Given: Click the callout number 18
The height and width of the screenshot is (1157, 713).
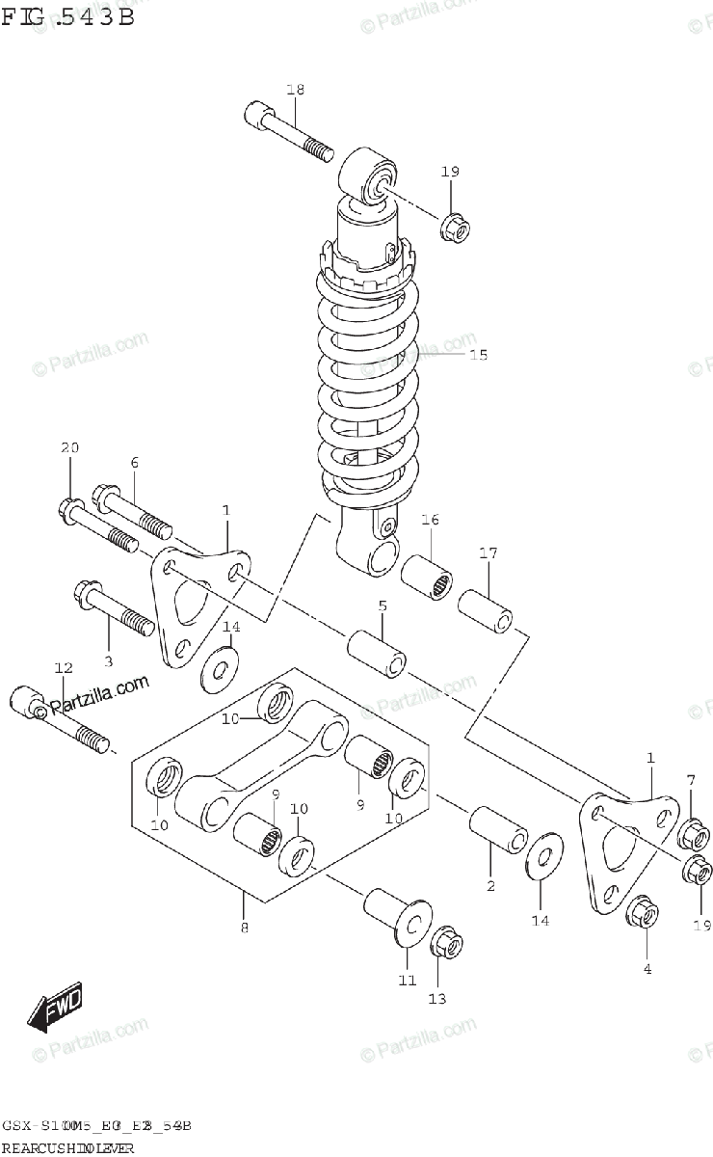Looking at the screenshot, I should click(x=295, y=90).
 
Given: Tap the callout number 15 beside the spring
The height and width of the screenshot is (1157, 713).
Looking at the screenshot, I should click(x=478, y=355).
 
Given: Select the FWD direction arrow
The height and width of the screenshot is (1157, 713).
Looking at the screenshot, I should click(x=57, y=1007).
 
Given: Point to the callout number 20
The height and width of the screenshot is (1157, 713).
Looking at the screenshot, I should click(x=69, y=447).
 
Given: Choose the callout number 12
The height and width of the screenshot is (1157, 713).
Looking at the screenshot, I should click(x=64, y=667).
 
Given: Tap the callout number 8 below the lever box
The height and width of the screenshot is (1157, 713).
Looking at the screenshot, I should click(x=244, y=929).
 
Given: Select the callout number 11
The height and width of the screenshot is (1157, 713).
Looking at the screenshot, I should click(x=407, y=981).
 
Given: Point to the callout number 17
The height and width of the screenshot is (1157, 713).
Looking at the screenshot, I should click(x=489, y=553).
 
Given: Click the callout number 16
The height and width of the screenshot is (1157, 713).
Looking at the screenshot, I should click(x=430, y=520).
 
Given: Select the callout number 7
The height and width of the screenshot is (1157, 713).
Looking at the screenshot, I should click(x=690, y=779).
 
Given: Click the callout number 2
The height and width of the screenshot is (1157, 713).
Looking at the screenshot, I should click(x=490, y=886).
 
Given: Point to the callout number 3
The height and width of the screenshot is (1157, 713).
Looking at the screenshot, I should click(x=108, y=661).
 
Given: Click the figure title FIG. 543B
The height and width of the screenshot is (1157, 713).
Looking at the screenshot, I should click(x=67, y=18).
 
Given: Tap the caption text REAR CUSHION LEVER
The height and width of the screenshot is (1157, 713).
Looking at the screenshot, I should click(x=67, y=1147).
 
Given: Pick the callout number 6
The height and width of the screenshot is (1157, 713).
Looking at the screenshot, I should click(x=135, y=463).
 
